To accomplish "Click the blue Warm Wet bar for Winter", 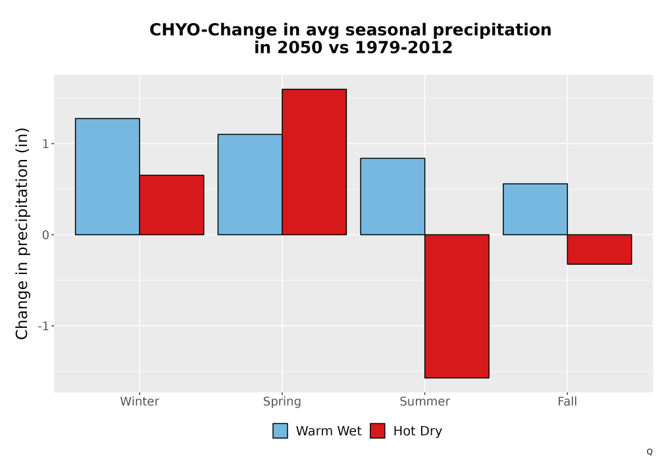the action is click(x=107, y=176).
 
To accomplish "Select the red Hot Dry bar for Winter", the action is click(x=172, y=205).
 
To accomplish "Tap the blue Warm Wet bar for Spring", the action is click(x=250, y=184).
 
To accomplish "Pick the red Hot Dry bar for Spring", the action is click(x=315, y=161).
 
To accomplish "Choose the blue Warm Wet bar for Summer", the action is click(x=393, y=196).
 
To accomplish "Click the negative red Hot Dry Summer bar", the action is click(x=457, y=306).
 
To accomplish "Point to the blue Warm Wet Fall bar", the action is click(x=536, y=209).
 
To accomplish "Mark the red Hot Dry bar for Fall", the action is click(x=599, y=250).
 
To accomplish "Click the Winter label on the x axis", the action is click(x=139, y=401).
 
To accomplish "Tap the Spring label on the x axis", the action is click(x=282, y=402).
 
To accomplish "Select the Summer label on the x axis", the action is click(x=424, y=401).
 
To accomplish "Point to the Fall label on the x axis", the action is click(x=567, y=401).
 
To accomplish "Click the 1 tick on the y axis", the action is click(x=46, y=144).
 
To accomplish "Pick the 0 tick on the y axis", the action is click(x=46, y=234).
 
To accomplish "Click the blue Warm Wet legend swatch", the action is click(x=280, y=431).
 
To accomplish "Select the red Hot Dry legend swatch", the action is click(x=378, y=431).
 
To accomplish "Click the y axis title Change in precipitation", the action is click(x=22, y=233).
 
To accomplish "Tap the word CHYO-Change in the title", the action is click(x=213, y=30).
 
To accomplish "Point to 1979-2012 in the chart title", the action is click(x=404, y=47).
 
